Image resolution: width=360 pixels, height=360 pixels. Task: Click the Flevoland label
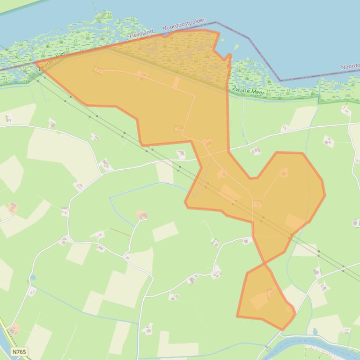pyautogui.click(x=141, y=33)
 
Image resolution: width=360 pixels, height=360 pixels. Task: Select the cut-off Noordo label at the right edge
pyautogui.click(x=350, y=66)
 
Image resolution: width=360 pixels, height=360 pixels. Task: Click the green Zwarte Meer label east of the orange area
pyautogui.click(x=249, y=91)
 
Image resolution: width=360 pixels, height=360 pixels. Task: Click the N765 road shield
pyautogui.click(x=19, y=351)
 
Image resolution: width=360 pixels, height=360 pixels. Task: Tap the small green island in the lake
pyautogui.click(x=236, y=47)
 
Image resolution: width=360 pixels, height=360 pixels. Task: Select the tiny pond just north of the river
pyautogui.click(x=315, y=331)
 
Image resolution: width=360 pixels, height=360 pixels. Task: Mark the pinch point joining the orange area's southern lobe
pyautogui.click(x=265, y=264)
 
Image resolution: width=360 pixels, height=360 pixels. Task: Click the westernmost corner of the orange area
pyautogui.click(x=36, y=62)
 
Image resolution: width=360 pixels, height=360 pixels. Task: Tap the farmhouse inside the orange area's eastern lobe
pyautogui.click(x=284, y=173)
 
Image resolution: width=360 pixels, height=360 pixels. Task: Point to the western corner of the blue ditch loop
pyautogui.click(x=110, y=198)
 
